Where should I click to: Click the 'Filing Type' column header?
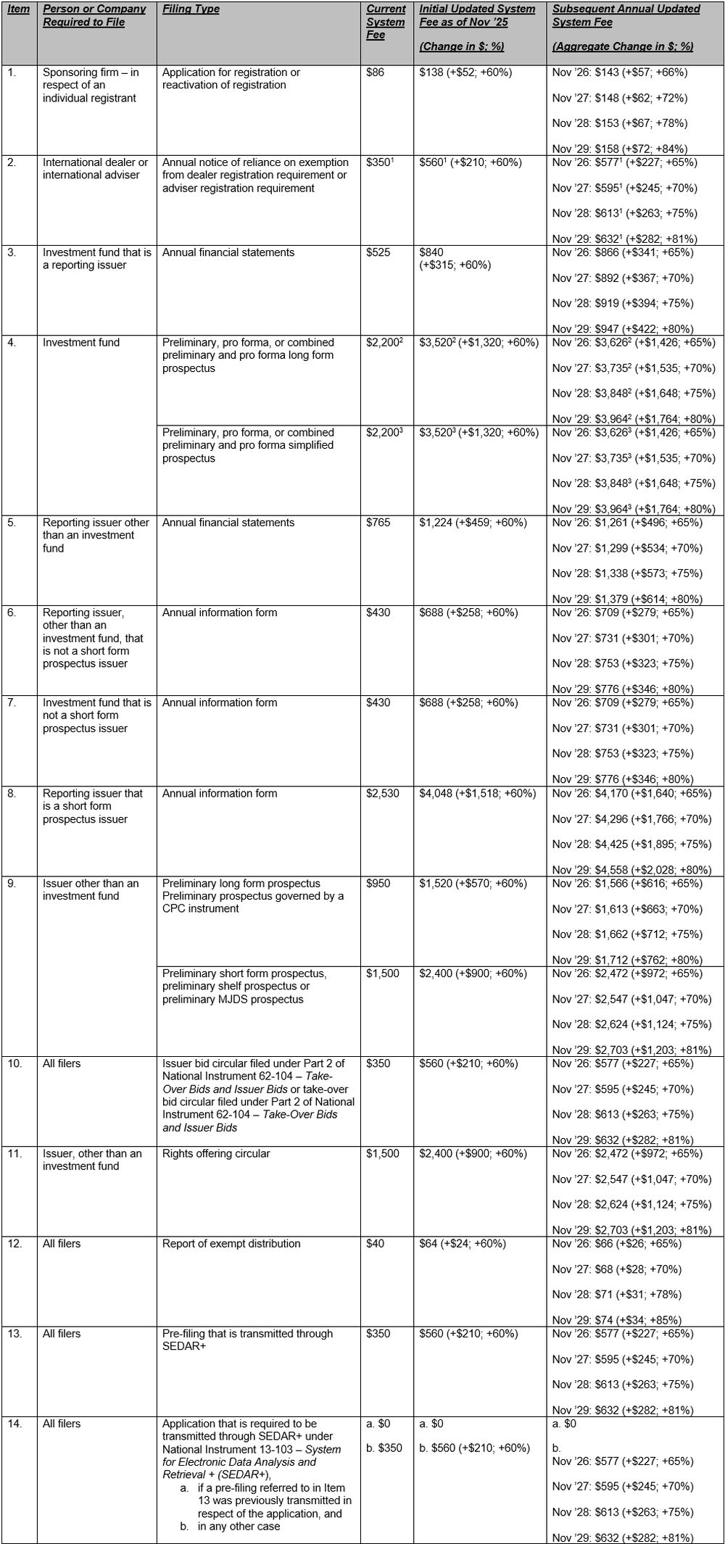191,9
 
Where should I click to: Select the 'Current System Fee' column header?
386,22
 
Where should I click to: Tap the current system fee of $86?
376,72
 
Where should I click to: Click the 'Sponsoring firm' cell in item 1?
91,85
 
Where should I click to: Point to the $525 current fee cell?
378,252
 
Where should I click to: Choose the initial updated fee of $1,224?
473,523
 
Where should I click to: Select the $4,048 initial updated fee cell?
477,793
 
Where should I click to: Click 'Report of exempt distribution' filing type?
231,1243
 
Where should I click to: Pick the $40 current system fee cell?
376,1243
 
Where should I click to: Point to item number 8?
12,793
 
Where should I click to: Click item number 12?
14,1243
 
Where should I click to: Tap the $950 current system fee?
378,883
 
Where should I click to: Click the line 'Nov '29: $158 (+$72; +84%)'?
620,149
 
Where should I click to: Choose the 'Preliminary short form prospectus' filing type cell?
244,986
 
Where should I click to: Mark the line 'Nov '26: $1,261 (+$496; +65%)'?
622,523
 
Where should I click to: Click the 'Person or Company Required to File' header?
94,15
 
